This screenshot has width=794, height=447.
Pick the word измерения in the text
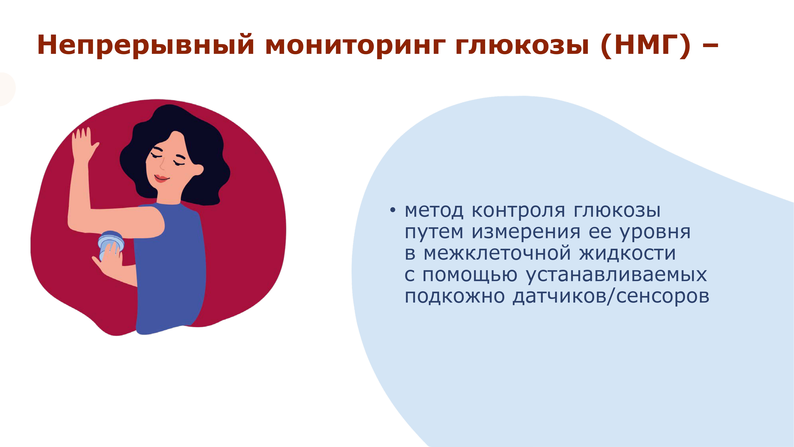[x=526, y=232]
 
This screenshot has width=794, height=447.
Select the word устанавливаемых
[x=616, y=276]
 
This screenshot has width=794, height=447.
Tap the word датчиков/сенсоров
[x=611, y=297]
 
